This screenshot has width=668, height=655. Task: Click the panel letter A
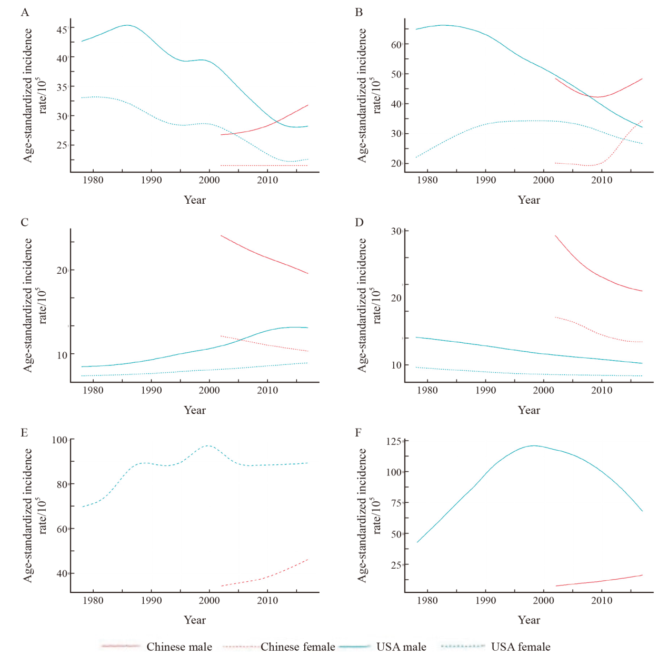[x=25, y=12]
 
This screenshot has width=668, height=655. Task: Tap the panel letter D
[x=359, y=222]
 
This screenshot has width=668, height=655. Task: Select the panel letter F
[x=358, y=432]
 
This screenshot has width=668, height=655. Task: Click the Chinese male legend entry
[x=179, y=647]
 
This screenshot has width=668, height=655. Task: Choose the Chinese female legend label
[x=297, y=647]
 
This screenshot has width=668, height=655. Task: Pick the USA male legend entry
[x=401, y=647]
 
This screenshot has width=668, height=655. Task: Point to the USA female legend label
[x=521, y=647]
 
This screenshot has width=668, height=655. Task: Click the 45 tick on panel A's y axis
[x=62, y=29]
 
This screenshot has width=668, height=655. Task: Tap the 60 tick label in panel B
[x=396, y=45]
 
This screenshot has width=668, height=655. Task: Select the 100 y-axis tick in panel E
[x=59, y=440]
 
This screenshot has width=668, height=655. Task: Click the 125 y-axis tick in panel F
[x=394, y=441]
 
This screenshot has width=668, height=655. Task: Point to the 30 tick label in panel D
[x=396, y=231]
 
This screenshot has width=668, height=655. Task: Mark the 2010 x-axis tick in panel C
[x=267, y=390]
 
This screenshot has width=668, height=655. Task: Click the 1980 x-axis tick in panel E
[x=93, y=600]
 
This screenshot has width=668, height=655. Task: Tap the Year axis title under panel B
[x=529, y=200]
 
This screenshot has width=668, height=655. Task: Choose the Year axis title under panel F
[x=529, y=620]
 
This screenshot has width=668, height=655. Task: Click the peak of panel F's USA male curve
[x=533, y=445]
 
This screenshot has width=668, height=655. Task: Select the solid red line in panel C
[x=263, y=256]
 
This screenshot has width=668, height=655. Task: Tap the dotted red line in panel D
[x=595, y=332]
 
